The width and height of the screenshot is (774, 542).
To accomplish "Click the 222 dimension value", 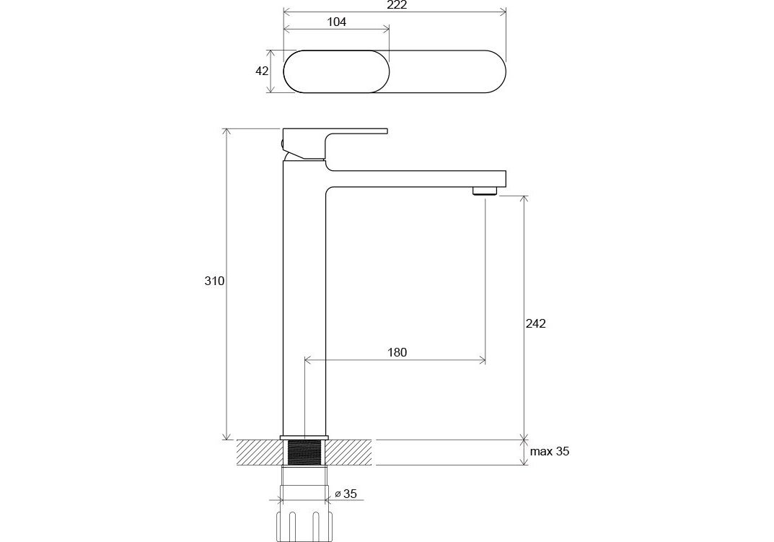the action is point(397,5).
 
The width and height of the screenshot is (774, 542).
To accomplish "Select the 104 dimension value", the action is point(337,22).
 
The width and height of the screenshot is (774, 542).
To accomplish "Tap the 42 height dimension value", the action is point(262,71).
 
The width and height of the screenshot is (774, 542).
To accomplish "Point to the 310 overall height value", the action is point(214,281).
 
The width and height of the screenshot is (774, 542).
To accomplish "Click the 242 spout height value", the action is point(535,323).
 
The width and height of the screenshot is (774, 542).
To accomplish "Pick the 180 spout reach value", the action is point(397,352).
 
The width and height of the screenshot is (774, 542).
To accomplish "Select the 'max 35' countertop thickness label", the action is point(550,451).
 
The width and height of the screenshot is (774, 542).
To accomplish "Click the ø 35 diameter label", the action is point(346,494).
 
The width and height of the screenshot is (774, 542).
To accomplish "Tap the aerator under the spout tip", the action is point(485,191).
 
